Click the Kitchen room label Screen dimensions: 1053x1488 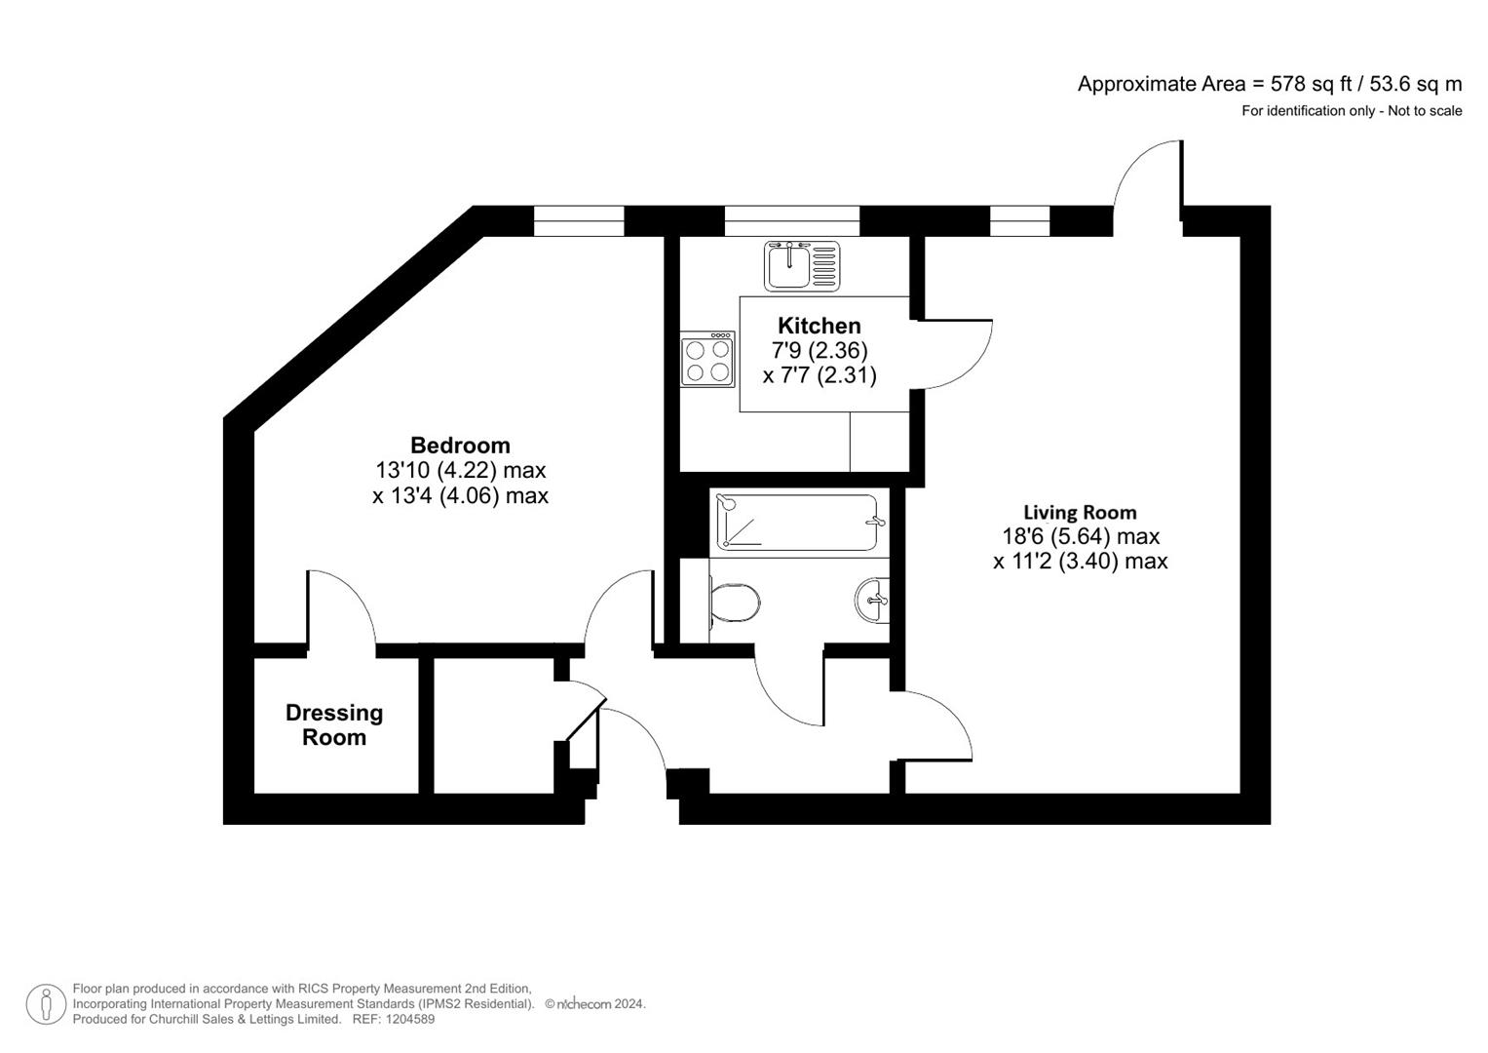(x=819, y=326)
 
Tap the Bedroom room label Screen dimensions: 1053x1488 (x=460, y=446)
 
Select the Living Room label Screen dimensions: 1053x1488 (x=1080, y=513)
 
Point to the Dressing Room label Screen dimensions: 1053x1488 (x=334, y=724)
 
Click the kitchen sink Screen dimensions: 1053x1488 (x=801, y=266)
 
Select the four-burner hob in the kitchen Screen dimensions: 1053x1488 (x=707, y=359)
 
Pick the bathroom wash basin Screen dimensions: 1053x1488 (x=873, y=599)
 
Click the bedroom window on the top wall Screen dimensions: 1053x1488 (x=579, y=221)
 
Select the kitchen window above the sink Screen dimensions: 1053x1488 (x=791, y=221)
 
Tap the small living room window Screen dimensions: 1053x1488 (x=1019, y=221)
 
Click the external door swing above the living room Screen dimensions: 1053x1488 (x=1148, y=175)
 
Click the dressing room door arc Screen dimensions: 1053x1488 (x=343, y=604)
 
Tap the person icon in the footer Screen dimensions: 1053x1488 (x=46, y=1004)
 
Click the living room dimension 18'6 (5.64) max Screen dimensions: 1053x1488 (x=1081, y=536)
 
